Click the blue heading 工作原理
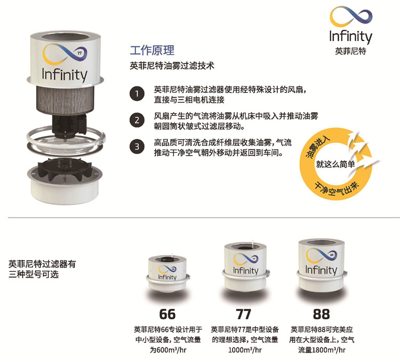152,50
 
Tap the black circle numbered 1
137,94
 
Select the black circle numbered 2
137,120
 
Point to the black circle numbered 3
137,147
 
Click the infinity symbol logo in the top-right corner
351,17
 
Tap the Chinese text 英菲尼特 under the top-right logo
350,51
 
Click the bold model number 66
167,314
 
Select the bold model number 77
244,314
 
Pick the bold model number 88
322,314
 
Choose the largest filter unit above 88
322,266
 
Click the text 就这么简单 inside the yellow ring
335,164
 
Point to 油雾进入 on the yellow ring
318,147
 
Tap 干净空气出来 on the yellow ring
337,189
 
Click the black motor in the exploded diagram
68,124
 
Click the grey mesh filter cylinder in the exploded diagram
66,100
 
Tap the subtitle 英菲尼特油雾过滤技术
172,66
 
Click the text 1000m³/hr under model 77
245,350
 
